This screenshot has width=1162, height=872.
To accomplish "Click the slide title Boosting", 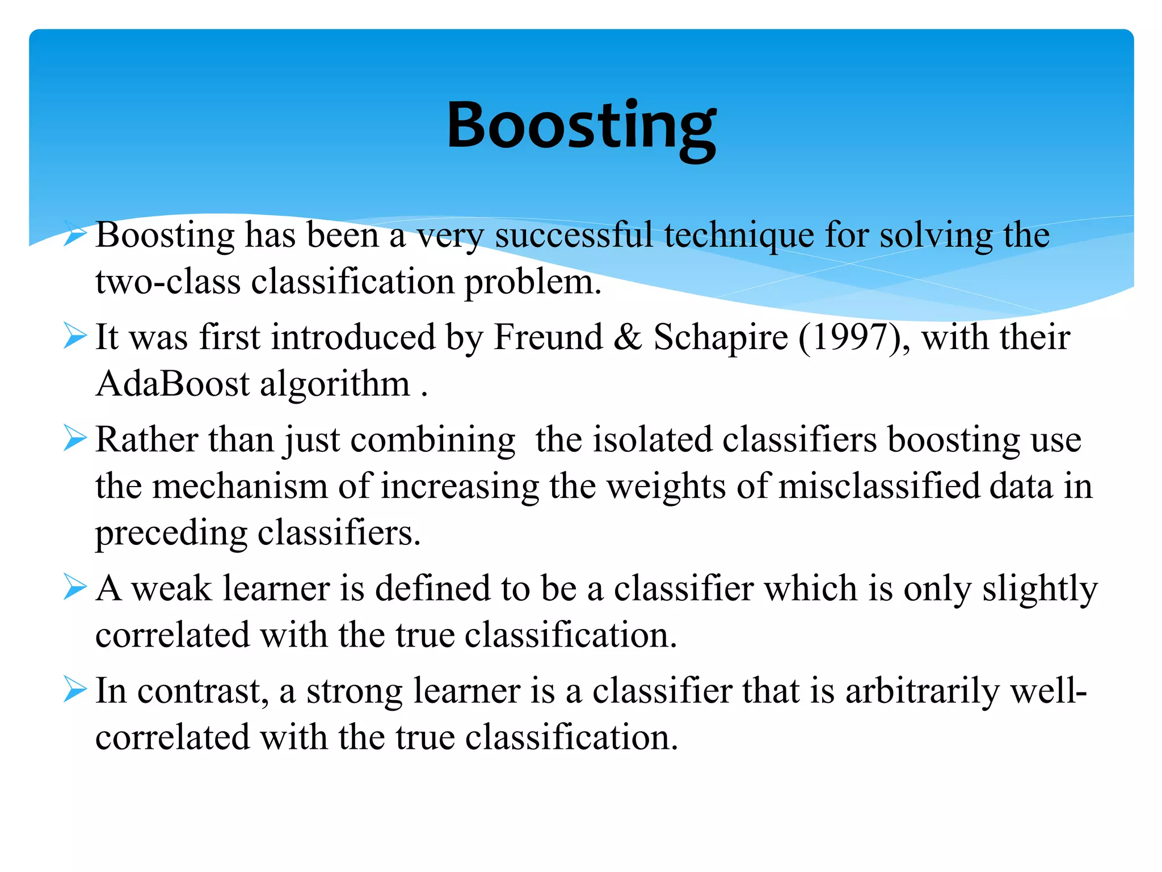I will tap(581, 126).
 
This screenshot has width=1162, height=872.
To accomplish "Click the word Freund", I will tap(548, 337).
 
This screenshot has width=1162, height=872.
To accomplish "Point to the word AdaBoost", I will tap(172, 384).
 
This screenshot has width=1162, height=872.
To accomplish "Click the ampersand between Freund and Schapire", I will tap(628, 337).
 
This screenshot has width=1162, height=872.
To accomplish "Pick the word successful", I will tap(574, 235).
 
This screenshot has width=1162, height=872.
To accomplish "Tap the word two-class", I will tap(168, 282).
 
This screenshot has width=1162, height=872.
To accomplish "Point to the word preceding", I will tap(171, 534).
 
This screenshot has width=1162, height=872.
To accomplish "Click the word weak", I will tap(171, 589).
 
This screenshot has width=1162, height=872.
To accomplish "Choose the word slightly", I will tap(1040, 590).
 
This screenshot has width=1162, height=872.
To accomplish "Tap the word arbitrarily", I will tap(922, 692).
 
